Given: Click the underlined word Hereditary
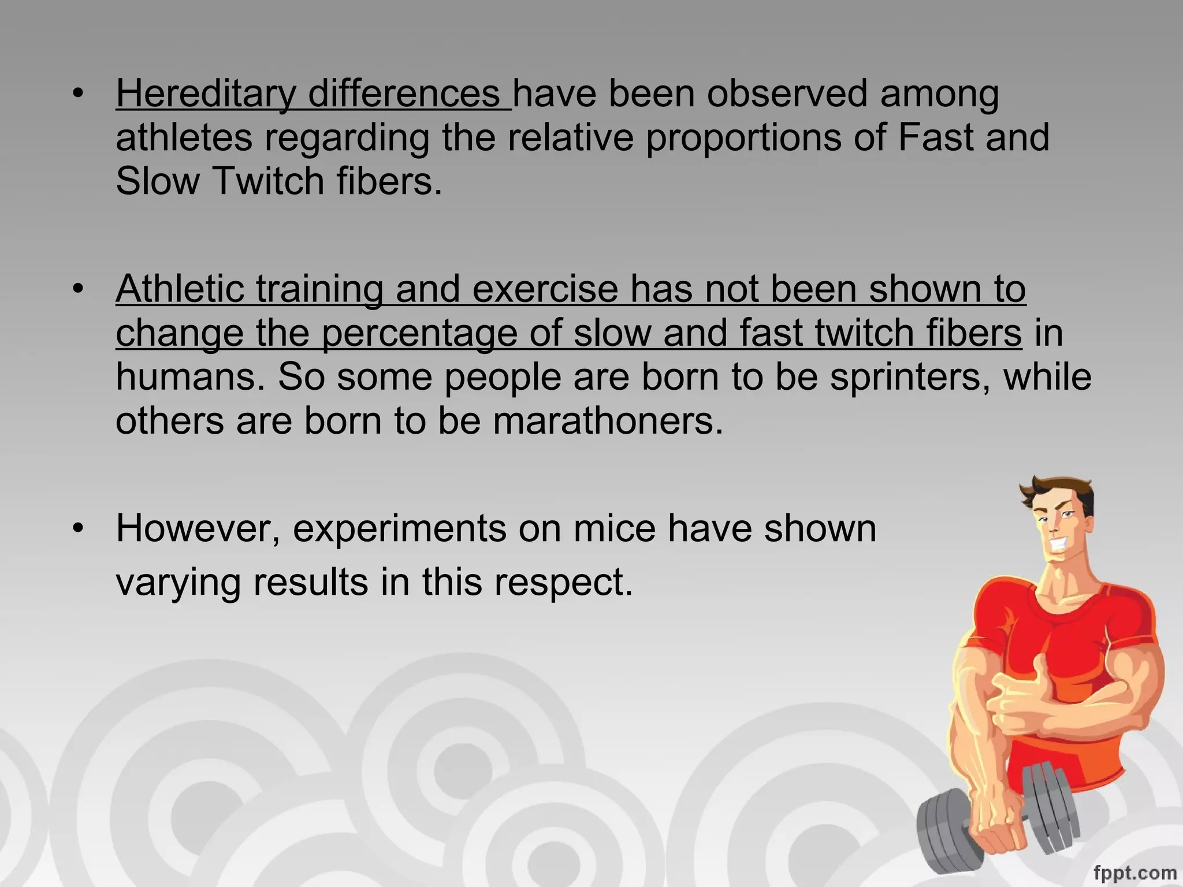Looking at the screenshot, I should point(205,94).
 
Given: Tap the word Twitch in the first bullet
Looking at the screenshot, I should point(269,181).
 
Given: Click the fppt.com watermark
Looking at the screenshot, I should point(1134,872).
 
